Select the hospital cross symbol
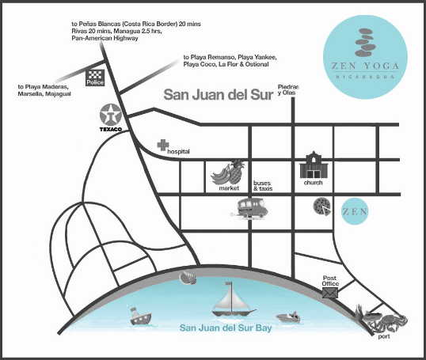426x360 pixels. point(162,146)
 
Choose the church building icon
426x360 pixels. point(313,165)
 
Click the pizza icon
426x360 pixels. point(321,207)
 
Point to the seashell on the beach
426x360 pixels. point(188,278)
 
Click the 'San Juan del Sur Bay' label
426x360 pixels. point(226,328)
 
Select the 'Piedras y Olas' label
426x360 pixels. point(286,89)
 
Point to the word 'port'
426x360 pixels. point(384,337)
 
